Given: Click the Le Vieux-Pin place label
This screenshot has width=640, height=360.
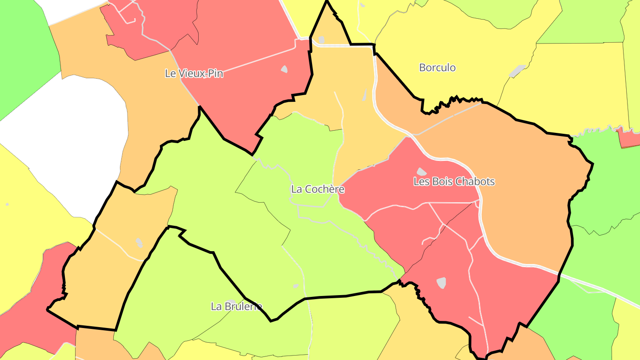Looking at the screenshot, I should click(x=194, y=73).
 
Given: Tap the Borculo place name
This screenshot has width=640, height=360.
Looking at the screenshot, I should click(x=437, y=68).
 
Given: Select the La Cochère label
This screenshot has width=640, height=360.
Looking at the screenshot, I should click(x=317, y=189).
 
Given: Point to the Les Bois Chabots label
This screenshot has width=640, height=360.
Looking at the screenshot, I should click(x=454, y=181).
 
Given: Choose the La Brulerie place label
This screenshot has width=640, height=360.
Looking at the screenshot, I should click(x=236, y=306).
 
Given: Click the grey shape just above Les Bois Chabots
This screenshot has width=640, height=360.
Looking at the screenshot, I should click(x=421, y=172).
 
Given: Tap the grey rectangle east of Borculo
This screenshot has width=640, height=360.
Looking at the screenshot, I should click(x=517, y=70).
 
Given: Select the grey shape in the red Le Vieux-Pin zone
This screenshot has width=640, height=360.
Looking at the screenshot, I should click(x=284, y=69).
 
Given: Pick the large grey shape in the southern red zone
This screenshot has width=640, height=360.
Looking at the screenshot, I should click(x=441, y=283).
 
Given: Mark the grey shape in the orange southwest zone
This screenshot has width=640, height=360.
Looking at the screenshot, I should click(x=140, y=243).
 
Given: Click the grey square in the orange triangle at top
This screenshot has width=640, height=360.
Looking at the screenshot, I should click(x=321, y=40).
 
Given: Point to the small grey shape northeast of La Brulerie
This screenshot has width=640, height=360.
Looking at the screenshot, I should click(x=296, y=286).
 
